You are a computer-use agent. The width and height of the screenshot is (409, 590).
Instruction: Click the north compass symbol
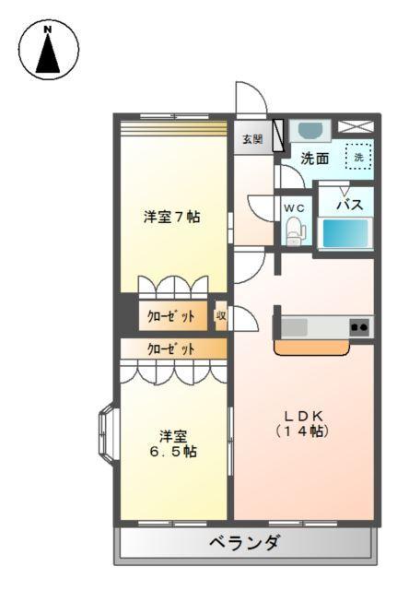click(x=47, y=50)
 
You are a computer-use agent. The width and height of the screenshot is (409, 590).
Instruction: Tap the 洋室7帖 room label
click(x=172, y=218)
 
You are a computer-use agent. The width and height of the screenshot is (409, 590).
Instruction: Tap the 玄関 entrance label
click(x=252, y=140)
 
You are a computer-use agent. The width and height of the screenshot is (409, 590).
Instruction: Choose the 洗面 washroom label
click(x=315, y=158)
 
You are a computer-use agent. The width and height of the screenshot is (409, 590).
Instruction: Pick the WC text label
click(x=294, y=208)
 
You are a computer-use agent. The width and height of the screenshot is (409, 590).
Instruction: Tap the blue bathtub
click(x=346, y=234)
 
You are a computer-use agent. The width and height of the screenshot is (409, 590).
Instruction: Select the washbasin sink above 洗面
click(x=311, y=130)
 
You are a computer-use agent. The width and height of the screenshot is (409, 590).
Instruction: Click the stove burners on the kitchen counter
click(x=358, y=326)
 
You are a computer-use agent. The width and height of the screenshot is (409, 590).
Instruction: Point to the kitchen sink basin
click(x=297, y=326)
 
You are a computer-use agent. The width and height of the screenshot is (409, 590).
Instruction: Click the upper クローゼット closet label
click(x=171, y=316)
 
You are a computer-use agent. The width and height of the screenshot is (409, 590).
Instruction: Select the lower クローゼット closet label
click(x=171, y=349)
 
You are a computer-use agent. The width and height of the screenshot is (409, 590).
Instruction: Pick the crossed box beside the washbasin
click(x=356, y=128)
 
